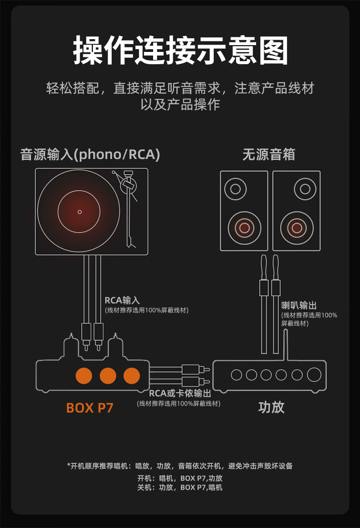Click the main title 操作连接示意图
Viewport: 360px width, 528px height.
tap(180, 51)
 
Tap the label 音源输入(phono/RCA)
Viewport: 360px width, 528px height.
tap(90, 154)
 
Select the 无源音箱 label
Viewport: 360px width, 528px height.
tap(268, 154)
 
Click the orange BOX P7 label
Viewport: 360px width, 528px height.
tap(89, 407)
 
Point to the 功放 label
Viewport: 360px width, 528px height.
tap(271, 407)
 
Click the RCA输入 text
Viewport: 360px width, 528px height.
tap(122, 300)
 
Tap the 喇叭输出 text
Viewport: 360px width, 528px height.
tap(298, 305)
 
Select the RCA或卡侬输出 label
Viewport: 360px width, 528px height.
tap(180, 393)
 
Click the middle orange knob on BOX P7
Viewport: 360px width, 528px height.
tap(108, 375)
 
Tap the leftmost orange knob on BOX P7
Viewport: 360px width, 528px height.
tap(84, 375)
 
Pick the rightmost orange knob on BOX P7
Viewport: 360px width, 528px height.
tap(132, 375)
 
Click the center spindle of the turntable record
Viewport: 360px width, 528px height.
tap(79, 212)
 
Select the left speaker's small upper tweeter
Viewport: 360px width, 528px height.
tap(236, 188)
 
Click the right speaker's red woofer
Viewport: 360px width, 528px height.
tap(297, 227)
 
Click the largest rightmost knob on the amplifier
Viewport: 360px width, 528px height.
tap(314, 374)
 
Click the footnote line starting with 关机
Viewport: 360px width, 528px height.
tap(180, 487)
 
